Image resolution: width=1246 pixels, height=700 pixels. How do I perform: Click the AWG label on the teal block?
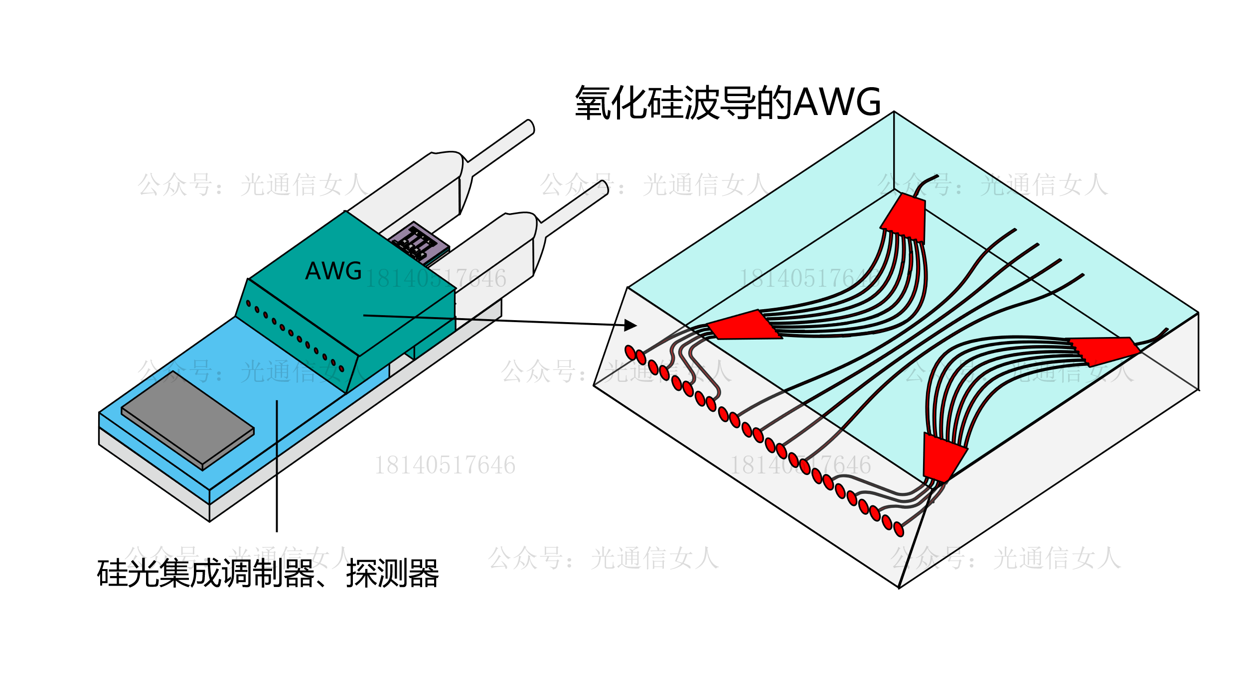tap(333, 271)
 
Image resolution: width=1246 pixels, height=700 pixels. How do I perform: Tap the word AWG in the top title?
tap(837, 102)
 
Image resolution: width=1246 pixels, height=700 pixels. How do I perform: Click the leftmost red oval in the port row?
tap(630, 352)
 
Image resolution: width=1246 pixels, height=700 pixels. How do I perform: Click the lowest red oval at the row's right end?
tap(899, 529)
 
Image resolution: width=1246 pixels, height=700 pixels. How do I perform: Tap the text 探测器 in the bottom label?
tap(392, 574)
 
